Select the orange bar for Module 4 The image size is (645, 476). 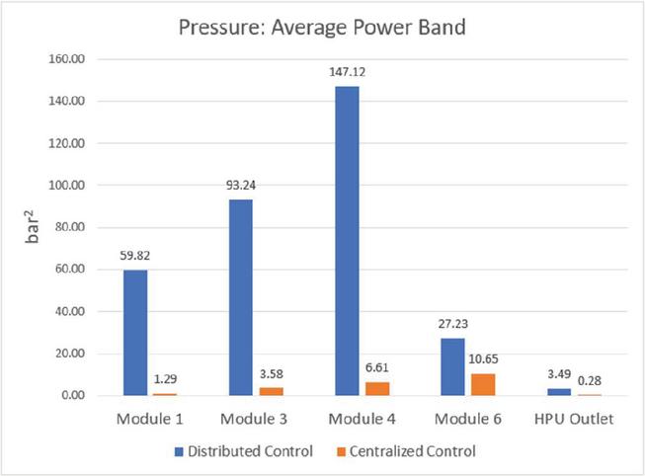click(376, 388)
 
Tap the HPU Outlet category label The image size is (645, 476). click(574, 419)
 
